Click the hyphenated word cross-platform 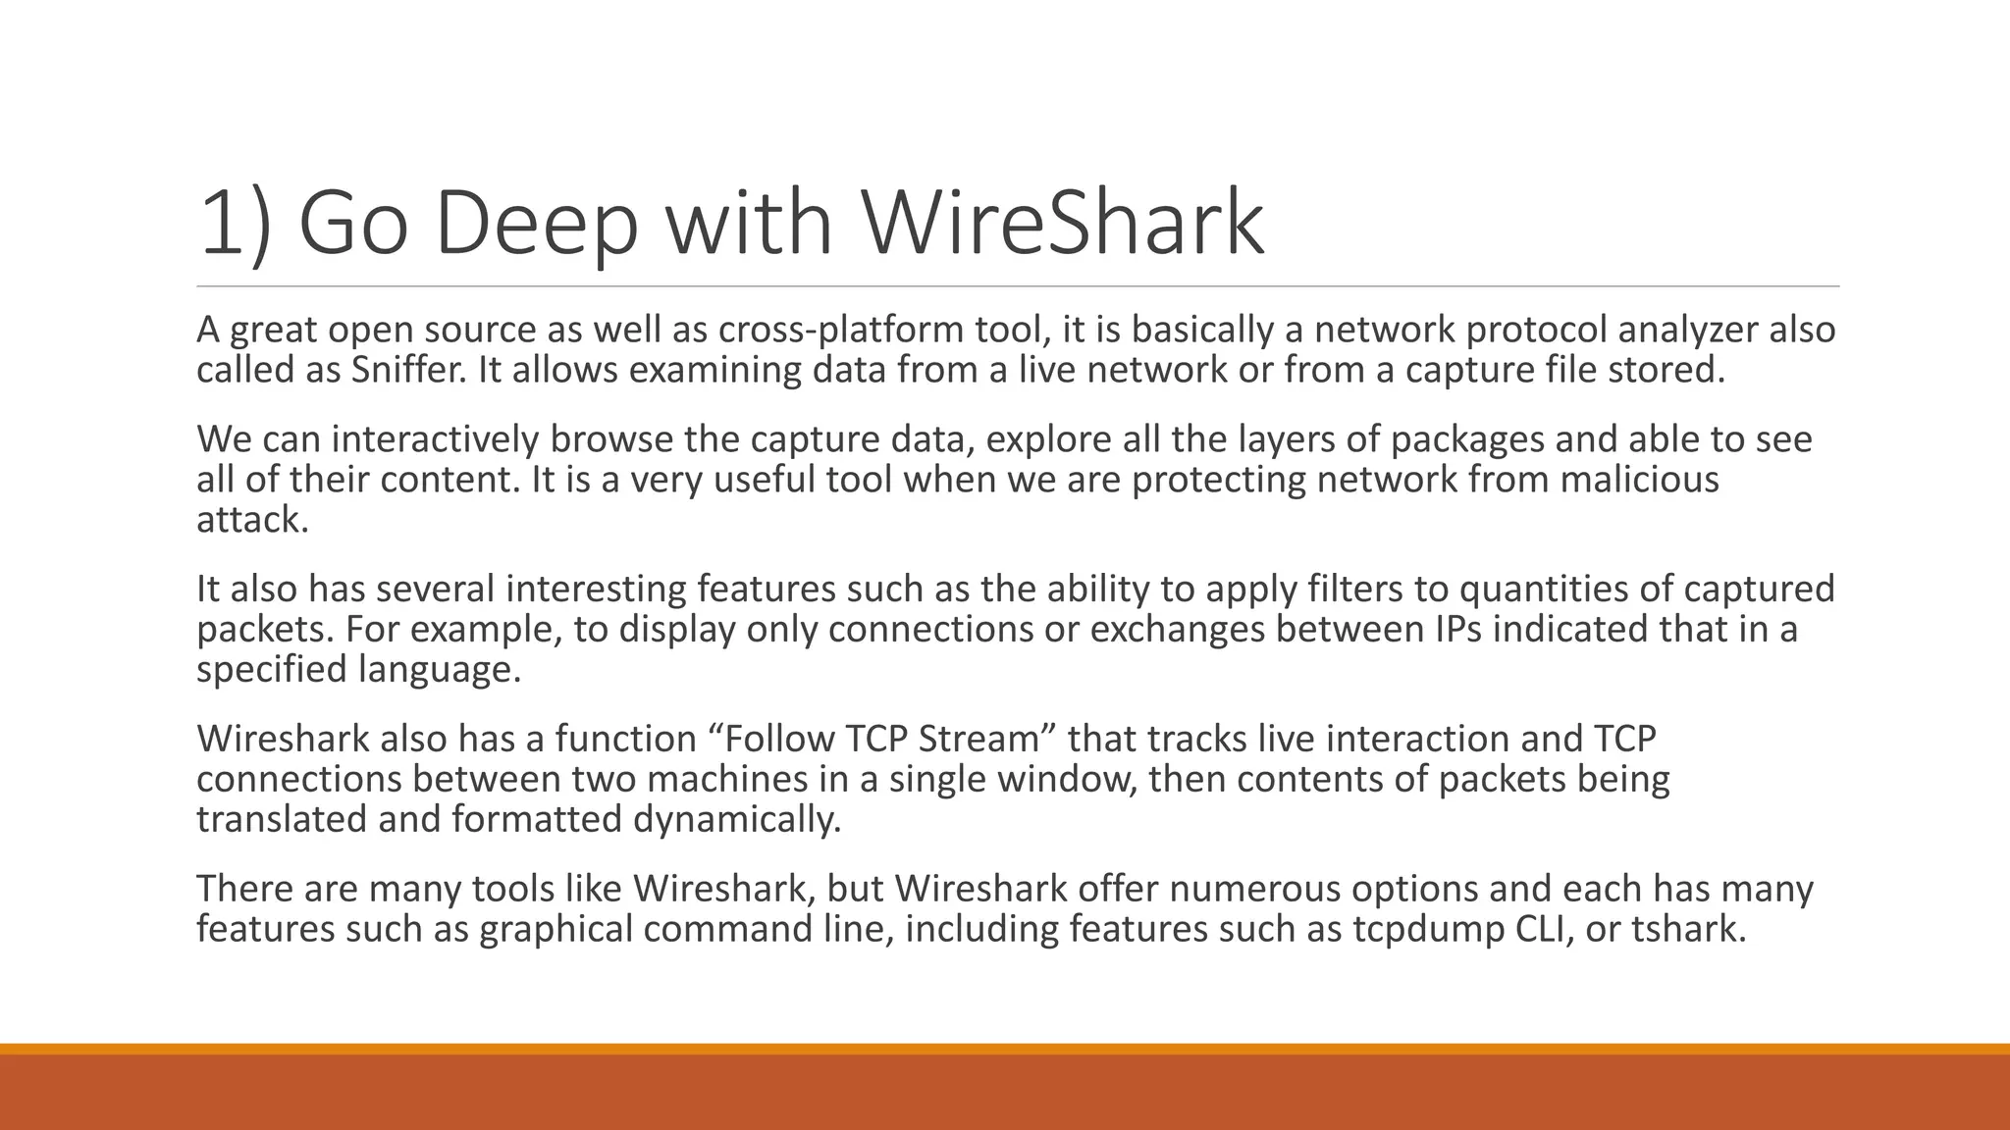(841, 330)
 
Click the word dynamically (737, 819)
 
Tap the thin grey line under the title (1017, 287)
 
